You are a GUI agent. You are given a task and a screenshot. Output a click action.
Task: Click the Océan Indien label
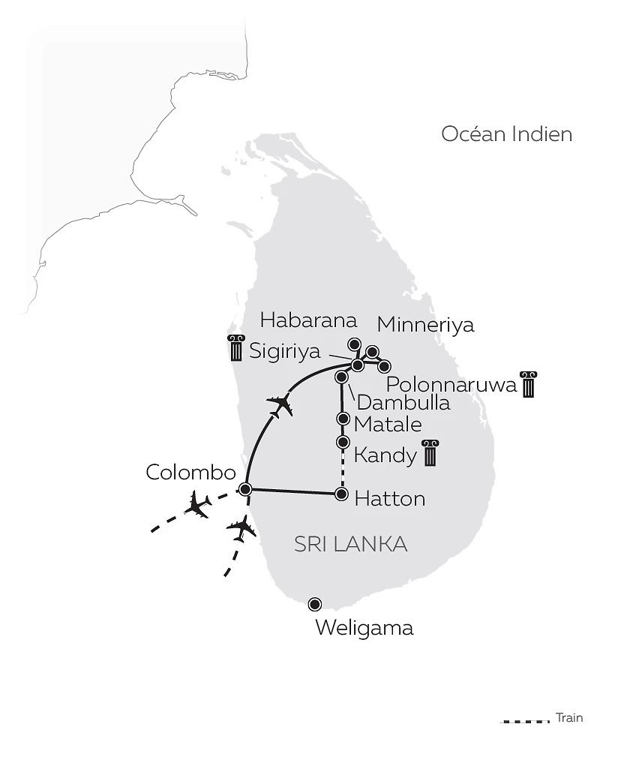click(x=506, y=134)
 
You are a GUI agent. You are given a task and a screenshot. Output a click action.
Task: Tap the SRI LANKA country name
click(x=350, y=544)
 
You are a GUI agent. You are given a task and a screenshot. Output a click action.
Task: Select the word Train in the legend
click(x=569, y=718)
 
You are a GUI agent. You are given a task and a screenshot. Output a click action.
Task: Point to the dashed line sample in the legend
click(x=525, y=722)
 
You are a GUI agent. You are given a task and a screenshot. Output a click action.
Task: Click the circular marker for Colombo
click(x=244, y=489)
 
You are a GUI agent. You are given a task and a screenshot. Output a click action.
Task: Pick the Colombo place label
click(x=190, y=473)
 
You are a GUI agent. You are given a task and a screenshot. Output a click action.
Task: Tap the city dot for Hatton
click(x=342, y=494)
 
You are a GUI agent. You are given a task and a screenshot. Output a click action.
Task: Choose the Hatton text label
click(x=389, y=498)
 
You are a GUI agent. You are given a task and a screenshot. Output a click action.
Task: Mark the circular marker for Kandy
click(x=343, y=442)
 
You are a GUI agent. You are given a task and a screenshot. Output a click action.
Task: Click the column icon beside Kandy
click(x=430, y=453)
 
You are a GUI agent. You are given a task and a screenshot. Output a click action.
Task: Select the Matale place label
click(x=388, y=424)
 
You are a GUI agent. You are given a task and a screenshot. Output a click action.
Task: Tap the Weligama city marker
click(x=315, y=604)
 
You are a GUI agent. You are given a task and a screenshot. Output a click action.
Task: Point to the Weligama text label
click(x=364, y=627)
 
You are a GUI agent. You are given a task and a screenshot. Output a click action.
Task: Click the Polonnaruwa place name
click(x=451, y=385)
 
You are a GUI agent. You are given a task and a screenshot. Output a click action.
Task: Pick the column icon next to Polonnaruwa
click(x=529, y=383)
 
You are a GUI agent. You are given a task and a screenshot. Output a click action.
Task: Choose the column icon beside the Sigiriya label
click(x=236, y=349)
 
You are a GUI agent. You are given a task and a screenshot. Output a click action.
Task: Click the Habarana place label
click(x=307, y=321)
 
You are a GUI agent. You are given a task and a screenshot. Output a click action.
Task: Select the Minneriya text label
click(x=425, y=325)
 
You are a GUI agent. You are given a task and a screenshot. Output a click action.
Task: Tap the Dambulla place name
click(x=403, y=402)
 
